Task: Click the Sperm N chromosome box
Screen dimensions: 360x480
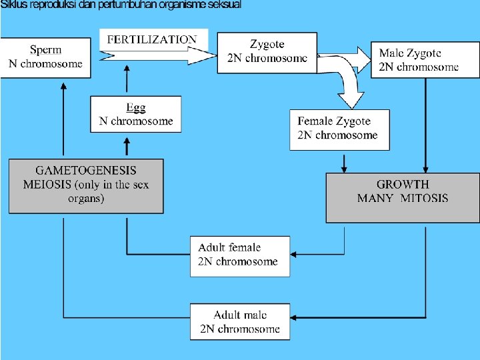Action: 45,57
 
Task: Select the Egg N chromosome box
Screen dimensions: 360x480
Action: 135,114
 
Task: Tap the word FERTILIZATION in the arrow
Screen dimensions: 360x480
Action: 152,40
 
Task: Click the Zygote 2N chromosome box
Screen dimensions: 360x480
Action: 267,51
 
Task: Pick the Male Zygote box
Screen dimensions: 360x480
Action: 419,59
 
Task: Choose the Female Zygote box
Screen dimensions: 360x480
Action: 340,129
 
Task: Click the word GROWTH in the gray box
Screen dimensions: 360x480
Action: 403,185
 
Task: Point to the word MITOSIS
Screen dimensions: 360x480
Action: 424,198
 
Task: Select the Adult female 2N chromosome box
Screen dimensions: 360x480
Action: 240,255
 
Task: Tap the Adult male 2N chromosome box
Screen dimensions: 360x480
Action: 240,322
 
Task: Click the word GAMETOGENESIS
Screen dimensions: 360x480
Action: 86,171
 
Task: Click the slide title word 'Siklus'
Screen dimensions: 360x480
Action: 14,5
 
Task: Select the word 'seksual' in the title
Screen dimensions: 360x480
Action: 224,5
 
